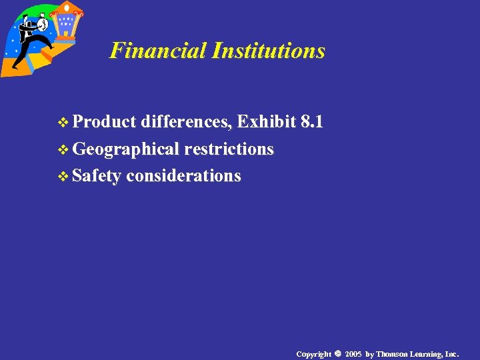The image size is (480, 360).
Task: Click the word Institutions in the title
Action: (268, 51)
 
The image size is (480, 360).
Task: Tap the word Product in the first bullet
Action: (104, 121)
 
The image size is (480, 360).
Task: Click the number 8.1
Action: (312, 121)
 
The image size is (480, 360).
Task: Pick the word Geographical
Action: (126, 149)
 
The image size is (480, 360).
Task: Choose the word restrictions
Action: (229, 149)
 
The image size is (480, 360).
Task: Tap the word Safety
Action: (97, 176)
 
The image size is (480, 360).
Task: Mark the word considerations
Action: (183, 176)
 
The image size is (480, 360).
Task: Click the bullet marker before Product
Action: (64, 122)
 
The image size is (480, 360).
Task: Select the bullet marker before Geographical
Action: (64, 149)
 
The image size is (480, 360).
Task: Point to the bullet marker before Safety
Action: (64, 177)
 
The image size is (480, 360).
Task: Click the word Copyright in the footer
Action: (313, 353)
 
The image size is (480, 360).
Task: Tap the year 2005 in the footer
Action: (353, 353)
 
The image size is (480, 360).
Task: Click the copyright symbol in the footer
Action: (337, 353)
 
